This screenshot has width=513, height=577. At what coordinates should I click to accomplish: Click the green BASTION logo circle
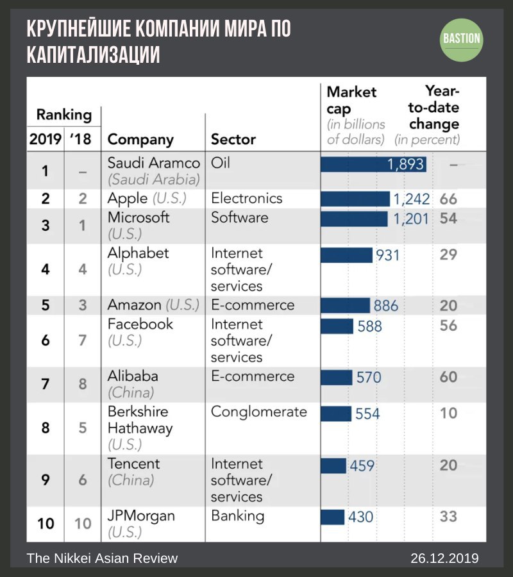tap(462, 39)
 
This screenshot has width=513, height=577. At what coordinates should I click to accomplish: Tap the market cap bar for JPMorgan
tap(332, 516)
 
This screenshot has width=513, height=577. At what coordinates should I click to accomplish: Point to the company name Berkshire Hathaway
tap(140, 420)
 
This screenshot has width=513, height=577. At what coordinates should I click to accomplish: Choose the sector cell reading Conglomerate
tap(259, 412)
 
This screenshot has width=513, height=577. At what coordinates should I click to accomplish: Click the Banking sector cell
tap(237, 516)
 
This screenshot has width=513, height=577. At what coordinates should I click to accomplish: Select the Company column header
tap(140, 140)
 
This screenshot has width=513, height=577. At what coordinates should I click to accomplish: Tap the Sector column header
tap(233, 140)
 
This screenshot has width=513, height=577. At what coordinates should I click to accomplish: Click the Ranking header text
tap(63, 115)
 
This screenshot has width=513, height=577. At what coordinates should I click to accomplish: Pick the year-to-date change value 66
tap(448, 199)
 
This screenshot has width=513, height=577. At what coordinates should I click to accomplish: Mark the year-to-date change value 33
tap(448, 516)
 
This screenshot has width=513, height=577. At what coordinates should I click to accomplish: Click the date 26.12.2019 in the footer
tap(444, 558)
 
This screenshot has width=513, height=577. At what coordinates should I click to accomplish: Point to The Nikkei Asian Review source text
tap(102, 558)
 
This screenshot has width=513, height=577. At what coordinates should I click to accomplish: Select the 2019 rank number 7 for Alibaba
tap(45, 385)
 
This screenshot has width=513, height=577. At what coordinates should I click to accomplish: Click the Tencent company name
tap(134, 464)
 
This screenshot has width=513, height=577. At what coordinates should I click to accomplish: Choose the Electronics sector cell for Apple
tap(247, 198)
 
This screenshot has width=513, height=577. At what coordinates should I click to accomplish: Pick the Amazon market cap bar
tap(345, 305)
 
